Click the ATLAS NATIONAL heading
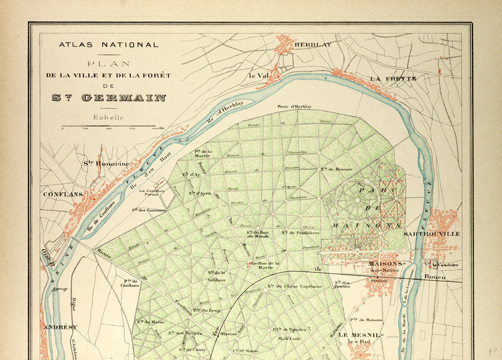[x=109, y=45]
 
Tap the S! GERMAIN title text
[x=109, y=97]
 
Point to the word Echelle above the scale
[x=108, y=118]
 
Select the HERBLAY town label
[x=313, y=44]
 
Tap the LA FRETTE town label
[x=393, y=78]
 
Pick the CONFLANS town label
[x=63, y=194]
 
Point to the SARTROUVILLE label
[x=432, y=234]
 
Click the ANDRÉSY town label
[x=60, y=327]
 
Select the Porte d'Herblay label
[x=294, y=106]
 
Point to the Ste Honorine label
[x=106, y=164]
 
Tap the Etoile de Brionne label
[x=337, y=169]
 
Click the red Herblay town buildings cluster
[x=285, y=45]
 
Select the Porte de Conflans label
[x=130, y=283]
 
